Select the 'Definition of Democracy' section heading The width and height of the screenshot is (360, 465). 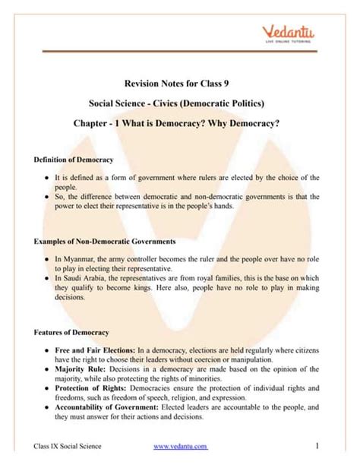(x=74, y=160)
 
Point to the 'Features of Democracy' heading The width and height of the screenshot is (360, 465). (x=72, y=333)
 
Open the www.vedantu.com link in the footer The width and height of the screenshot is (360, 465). (x=180, y=445)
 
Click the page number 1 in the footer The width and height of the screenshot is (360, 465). (x=324, y=445)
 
